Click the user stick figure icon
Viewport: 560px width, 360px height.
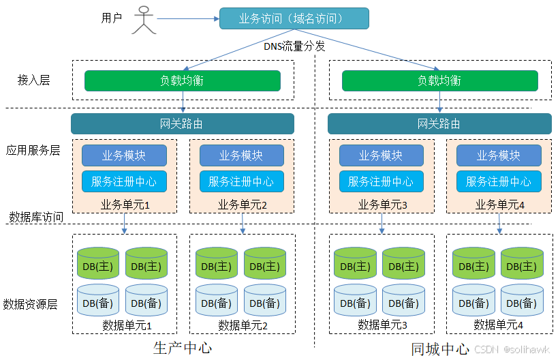(143, 20)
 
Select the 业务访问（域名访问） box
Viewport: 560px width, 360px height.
(294, 18)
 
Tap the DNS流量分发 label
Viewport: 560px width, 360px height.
(294, 46)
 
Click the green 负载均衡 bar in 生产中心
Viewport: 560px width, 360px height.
(182, 80)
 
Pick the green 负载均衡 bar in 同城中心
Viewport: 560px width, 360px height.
(439, 80)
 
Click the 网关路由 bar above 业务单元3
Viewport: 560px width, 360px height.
(439, 123)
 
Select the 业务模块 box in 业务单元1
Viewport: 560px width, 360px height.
(124, 155)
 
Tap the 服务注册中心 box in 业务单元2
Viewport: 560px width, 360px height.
(241, 181)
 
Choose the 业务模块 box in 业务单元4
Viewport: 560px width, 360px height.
(499, 155)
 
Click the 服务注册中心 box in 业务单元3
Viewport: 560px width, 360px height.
(381, 181)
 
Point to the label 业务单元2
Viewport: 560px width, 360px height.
(243, 205)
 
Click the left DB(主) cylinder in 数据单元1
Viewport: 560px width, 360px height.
(98, 264)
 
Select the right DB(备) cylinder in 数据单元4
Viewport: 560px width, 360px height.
(522, 301)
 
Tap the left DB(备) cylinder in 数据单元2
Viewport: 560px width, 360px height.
(217, 301)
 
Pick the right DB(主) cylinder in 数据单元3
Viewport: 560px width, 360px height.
(403, 264)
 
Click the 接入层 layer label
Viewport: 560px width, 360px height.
(33, 80)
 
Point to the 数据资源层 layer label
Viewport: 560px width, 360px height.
(30, 303)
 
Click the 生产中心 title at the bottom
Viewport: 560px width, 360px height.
(183, 348)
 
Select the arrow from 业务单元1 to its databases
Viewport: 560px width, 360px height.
(125, 224)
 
